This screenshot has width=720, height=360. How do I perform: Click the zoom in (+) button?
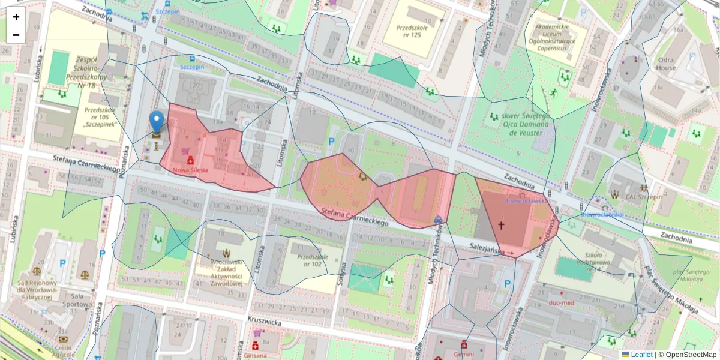[16, 17]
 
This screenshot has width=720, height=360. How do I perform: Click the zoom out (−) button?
[16, 35]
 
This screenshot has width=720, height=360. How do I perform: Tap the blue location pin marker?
[157, 122]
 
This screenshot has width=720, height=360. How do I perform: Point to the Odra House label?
[665, 64]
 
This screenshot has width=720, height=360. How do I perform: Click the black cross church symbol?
[501, 226]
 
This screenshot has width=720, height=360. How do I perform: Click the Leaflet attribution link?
[641, 355]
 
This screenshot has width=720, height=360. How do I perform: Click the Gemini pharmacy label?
[464, 354]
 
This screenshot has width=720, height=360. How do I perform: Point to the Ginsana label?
[256, 355]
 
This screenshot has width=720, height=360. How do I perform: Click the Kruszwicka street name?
[265, 321]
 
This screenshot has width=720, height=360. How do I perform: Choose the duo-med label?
[562, 303]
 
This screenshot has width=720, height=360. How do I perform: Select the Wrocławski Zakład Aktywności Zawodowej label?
[226, 273]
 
